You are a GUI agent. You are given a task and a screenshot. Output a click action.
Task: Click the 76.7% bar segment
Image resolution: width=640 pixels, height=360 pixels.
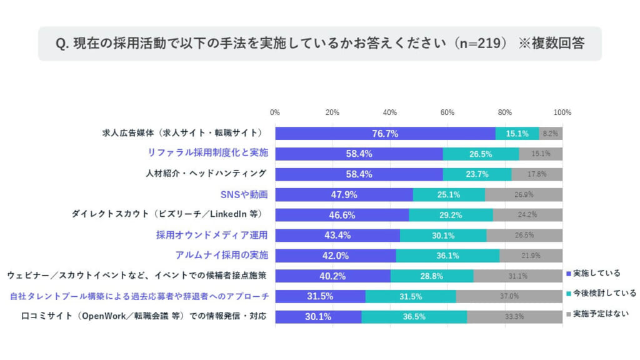[385, 133]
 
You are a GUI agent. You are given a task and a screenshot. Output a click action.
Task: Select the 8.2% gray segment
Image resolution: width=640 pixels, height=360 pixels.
[551, 133]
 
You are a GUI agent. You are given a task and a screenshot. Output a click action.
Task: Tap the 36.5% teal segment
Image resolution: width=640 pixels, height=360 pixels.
[414, 316]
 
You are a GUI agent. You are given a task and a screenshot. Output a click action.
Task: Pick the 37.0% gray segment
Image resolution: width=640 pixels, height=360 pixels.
[509, 296]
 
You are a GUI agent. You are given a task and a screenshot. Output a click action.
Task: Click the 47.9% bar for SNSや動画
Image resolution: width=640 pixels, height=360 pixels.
[344, 194]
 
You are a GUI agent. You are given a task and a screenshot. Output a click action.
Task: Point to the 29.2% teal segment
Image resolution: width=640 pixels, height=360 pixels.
[451, 215]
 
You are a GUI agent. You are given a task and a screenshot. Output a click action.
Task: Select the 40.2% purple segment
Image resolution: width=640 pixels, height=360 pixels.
[332, 276]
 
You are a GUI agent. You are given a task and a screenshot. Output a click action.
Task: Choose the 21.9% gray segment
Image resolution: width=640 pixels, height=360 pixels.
[531, 256]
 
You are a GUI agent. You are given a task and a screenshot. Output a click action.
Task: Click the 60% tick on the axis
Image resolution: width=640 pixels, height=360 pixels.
[447, 112]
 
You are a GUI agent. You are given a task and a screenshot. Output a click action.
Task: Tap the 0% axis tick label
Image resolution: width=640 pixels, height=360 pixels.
[275, 112]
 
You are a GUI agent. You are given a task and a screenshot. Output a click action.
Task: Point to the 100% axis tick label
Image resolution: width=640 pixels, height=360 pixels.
[562, 112]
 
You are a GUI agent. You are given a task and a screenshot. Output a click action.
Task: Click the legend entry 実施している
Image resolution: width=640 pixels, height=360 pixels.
[593, 272]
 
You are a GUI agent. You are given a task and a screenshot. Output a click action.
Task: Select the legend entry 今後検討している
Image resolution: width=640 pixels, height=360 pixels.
[601, 292]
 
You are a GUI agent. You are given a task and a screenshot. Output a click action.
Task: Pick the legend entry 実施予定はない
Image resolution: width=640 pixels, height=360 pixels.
[597, 313]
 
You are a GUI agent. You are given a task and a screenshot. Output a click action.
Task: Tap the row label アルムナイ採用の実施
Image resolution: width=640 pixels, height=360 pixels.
[221, 255]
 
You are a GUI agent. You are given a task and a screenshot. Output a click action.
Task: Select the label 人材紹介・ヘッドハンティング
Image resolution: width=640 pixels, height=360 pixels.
[206, 173]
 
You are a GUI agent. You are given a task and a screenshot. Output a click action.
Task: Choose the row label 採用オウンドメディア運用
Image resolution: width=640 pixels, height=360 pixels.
[212, 235]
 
